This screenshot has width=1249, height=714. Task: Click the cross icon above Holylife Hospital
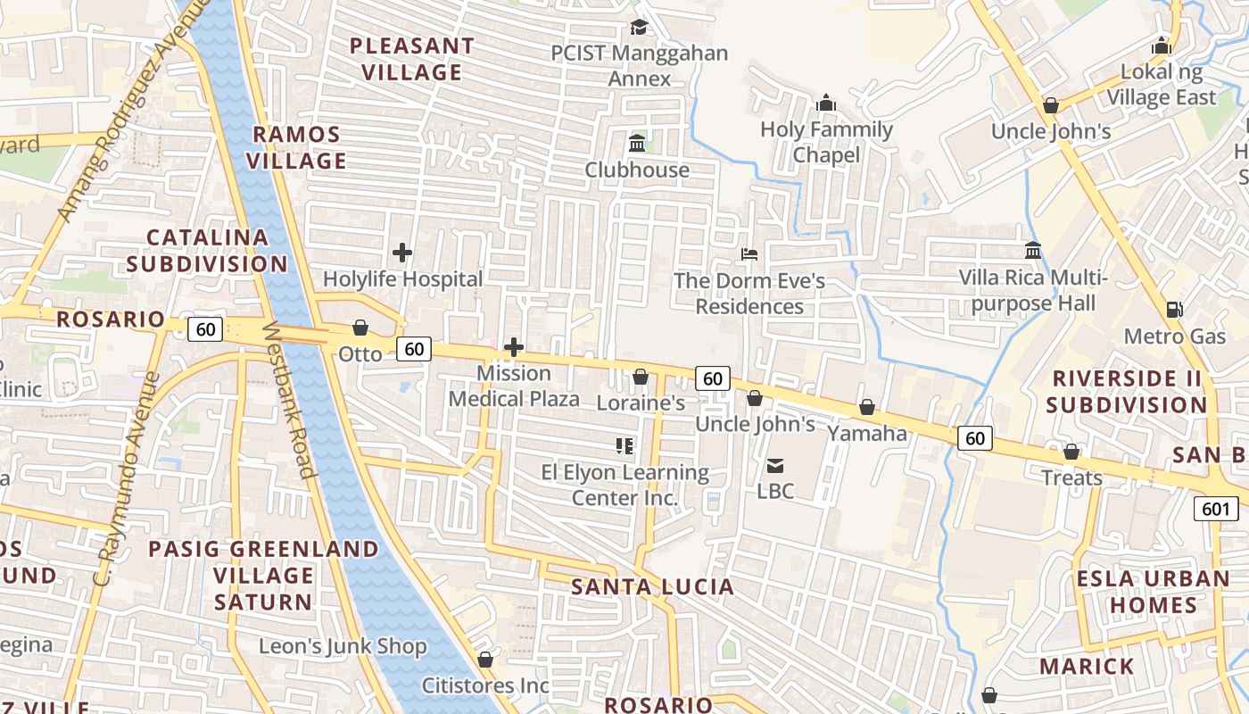402,253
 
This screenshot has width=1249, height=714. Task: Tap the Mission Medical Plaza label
514,386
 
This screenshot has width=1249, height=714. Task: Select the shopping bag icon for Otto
360,328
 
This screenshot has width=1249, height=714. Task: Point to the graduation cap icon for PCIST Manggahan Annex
638,27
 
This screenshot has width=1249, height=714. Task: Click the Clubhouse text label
637,170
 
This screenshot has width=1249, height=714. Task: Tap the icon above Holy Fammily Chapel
826,103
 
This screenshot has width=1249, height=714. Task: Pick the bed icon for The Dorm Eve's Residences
749,254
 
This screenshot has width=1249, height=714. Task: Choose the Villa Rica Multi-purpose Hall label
1032,291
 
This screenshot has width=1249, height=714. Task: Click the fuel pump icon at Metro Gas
1175,310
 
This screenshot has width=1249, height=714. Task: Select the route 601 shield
1216,509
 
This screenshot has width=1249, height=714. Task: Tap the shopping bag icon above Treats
1071,452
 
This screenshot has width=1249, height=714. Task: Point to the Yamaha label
867,434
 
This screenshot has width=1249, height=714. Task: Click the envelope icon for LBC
774,465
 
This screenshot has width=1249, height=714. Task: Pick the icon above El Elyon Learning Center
624,445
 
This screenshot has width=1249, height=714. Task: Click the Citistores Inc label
484,685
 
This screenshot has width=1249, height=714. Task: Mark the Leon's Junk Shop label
343,646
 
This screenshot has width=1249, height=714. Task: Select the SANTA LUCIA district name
652,586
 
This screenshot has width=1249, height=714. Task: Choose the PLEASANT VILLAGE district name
411,58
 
